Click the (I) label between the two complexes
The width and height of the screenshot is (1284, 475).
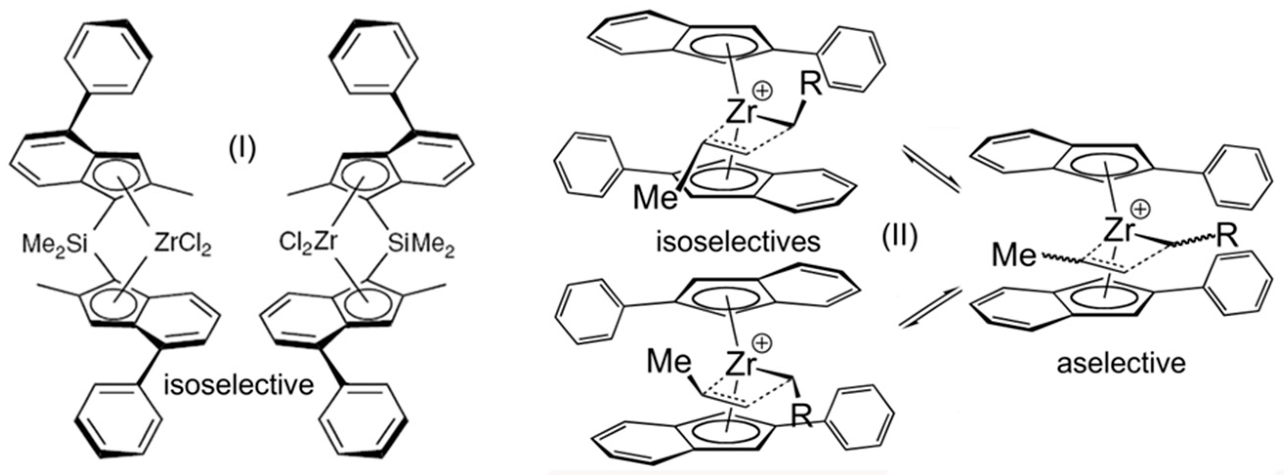click(x=241, y=149)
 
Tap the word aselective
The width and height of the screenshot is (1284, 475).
click(x=1121, y=362)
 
